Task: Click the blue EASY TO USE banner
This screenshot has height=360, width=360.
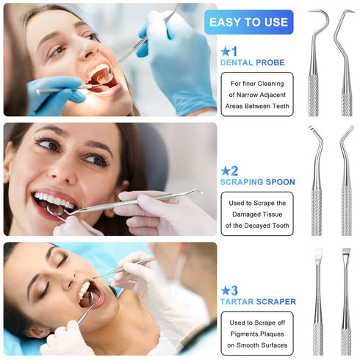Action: (x=248, y=22)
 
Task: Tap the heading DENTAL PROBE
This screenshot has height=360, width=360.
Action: (x=252, y=62)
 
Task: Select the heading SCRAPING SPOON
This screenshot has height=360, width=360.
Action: (x=257, y=181)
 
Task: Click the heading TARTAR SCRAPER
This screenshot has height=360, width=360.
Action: (x=258, y=301)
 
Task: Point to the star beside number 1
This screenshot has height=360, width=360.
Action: (x=225, y=51)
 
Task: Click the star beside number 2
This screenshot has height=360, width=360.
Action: (x=225, y=170)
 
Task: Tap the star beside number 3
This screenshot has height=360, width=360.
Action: (x=225, y=289)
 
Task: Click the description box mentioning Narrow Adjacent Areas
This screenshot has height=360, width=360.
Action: (x=256, y=95)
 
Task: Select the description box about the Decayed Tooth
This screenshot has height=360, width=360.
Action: (x=256, y=214)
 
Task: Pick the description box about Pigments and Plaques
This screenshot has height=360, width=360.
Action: (x=256, y=333)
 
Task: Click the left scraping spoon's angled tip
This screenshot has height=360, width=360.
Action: (x=313, y=132)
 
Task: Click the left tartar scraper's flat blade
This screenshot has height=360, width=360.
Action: (x=317, y=257)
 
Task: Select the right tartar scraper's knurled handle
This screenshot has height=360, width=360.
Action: (x=346, y=334)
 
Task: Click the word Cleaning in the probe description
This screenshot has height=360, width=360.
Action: (x=270, y=84)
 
